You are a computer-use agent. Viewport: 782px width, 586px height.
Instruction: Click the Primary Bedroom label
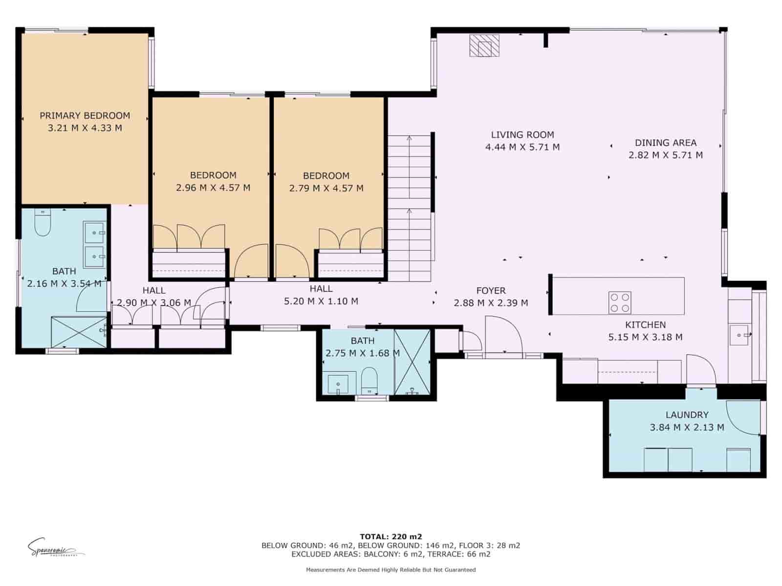point(85,116)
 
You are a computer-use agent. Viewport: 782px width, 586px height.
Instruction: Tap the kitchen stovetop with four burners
point(619,302)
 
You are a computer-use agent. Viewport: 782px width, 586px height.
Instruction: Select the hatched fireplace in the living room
point(484,46)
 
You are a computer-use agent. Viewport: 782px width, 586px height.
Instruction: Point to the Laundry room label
point(687,415)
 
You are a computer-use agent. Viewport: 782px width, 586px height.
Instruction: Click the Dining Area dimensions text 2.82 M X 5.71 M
point(665,155)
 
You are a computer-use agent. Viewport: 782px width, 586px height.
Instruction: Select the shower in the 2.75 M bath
point(412,362)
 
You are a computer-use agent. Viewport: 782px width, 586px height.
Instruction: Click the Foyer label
point(491,291)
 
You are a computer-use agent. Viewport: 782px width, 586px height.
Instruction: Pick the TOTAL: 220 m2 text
point(391,536)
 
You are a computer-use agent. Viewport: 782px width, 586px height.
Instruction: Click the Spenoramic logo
point(54,547)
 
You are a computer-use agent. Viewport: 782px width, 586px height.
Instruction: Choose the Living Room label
point(522,135)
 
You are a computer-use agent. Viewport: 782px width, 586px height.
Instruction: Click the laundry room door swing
point(743,418)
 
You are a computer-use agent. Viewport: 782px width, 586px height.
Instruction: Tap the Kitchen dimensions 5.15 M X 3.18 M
point(645,337)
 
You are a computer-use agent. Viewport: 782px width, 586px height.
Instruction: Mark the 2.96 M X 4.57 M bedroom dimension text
point(213,188)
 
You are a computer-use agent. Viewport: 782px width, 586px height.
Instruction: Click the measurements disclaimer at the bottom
point(391,569)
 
